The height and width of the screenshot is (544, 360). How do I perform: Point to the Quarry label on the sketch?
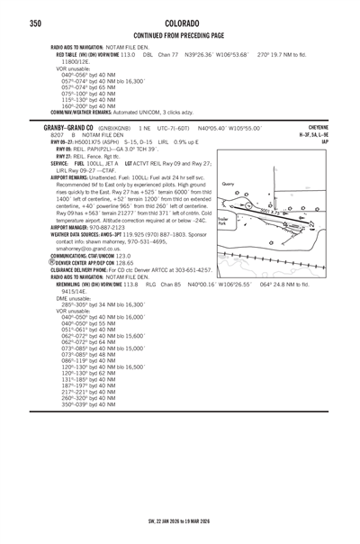pyautogui.click(x=228, y=184)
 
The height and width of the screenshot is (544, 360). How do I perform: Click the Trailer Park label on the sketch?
pyautogui.click(x=223, y=220)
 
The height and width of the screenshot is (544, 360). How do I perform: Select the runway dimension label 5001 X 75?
pyautogui.click(x=273, y=211)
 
